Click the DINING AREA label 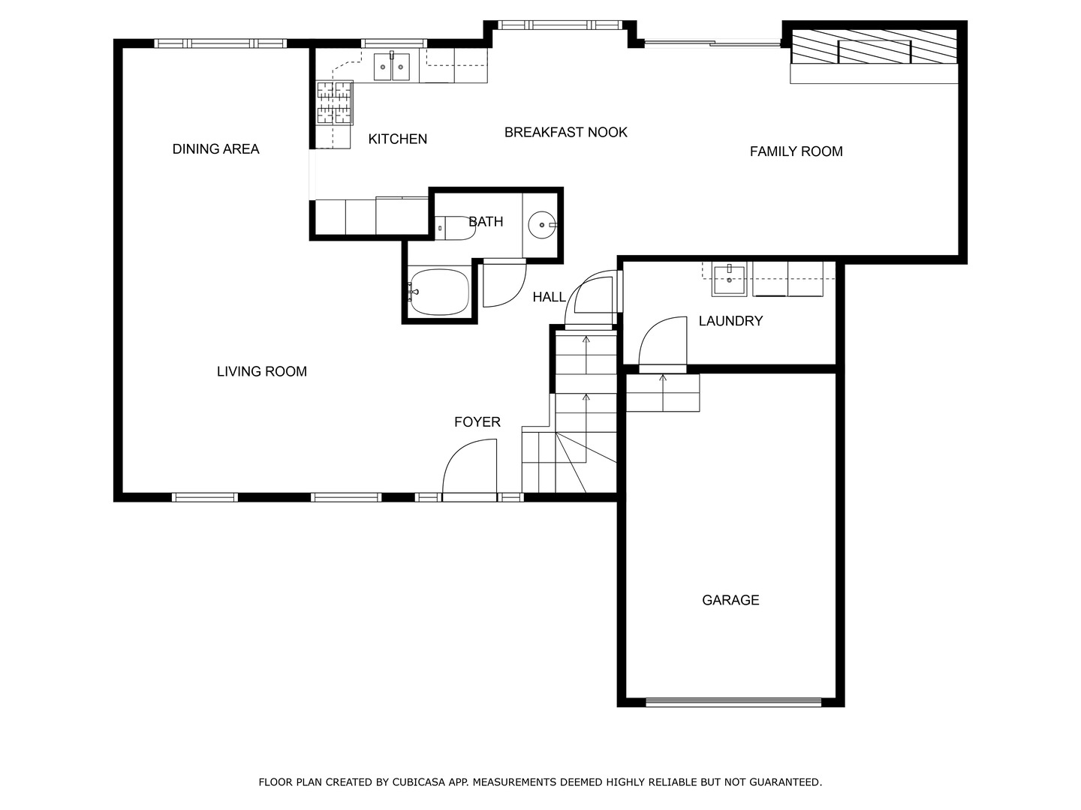coord(215,149)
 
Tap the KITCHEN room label coord(397,139)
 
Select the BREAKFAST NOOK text coord(566,132)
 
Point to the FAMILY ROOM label coord(796,151)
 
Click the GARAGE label coord(730,600)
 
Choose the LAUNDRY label coord(730,321)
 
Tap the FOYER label coord(477,422)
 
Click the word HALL coord(549,297)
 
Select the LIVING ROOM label coord(261,371)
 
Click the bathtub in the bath coord(438,292)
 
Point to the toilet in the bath coord(455,228)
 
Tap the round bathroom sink coord(542,225)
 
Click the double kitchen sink coord(392,67)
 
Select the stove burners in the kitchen coord(334,102)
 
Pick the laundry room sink coord(729,279)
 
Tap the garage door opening coord(733,702)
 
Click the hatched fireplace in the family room coord(874,46)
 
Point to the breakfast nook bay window coord(560,25)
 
